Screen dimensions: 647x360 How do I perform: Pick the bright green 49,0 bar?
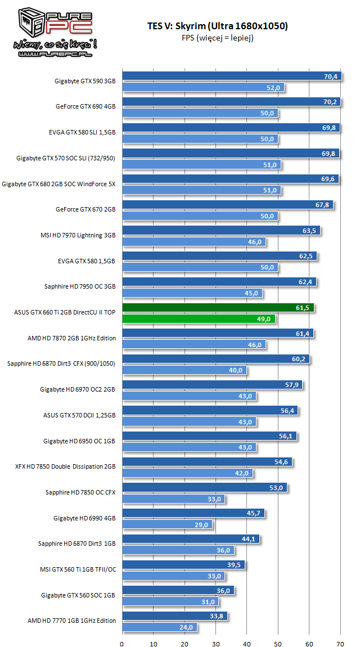(199, 319)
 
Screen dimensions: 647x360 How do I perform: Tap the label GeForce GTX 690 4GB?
(85, 107)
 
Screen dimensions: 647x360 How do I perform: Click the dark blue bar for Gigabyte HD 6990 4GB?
(193, 513)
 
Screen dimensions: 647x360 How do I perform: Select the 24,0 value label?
(186, 627)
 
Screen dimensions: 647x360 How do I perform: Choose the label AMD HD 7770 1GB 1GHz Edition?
(71, 621)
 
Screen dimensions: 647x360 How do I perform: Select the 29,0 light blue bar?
(168, 524)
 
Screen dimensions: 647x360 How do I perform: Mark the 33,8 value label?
(217, 616)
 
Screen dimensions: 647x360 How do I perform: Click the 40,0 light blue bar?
(184, 370)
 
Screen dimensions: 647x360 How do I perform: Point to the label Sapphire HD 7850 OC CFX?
(80, 492)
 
